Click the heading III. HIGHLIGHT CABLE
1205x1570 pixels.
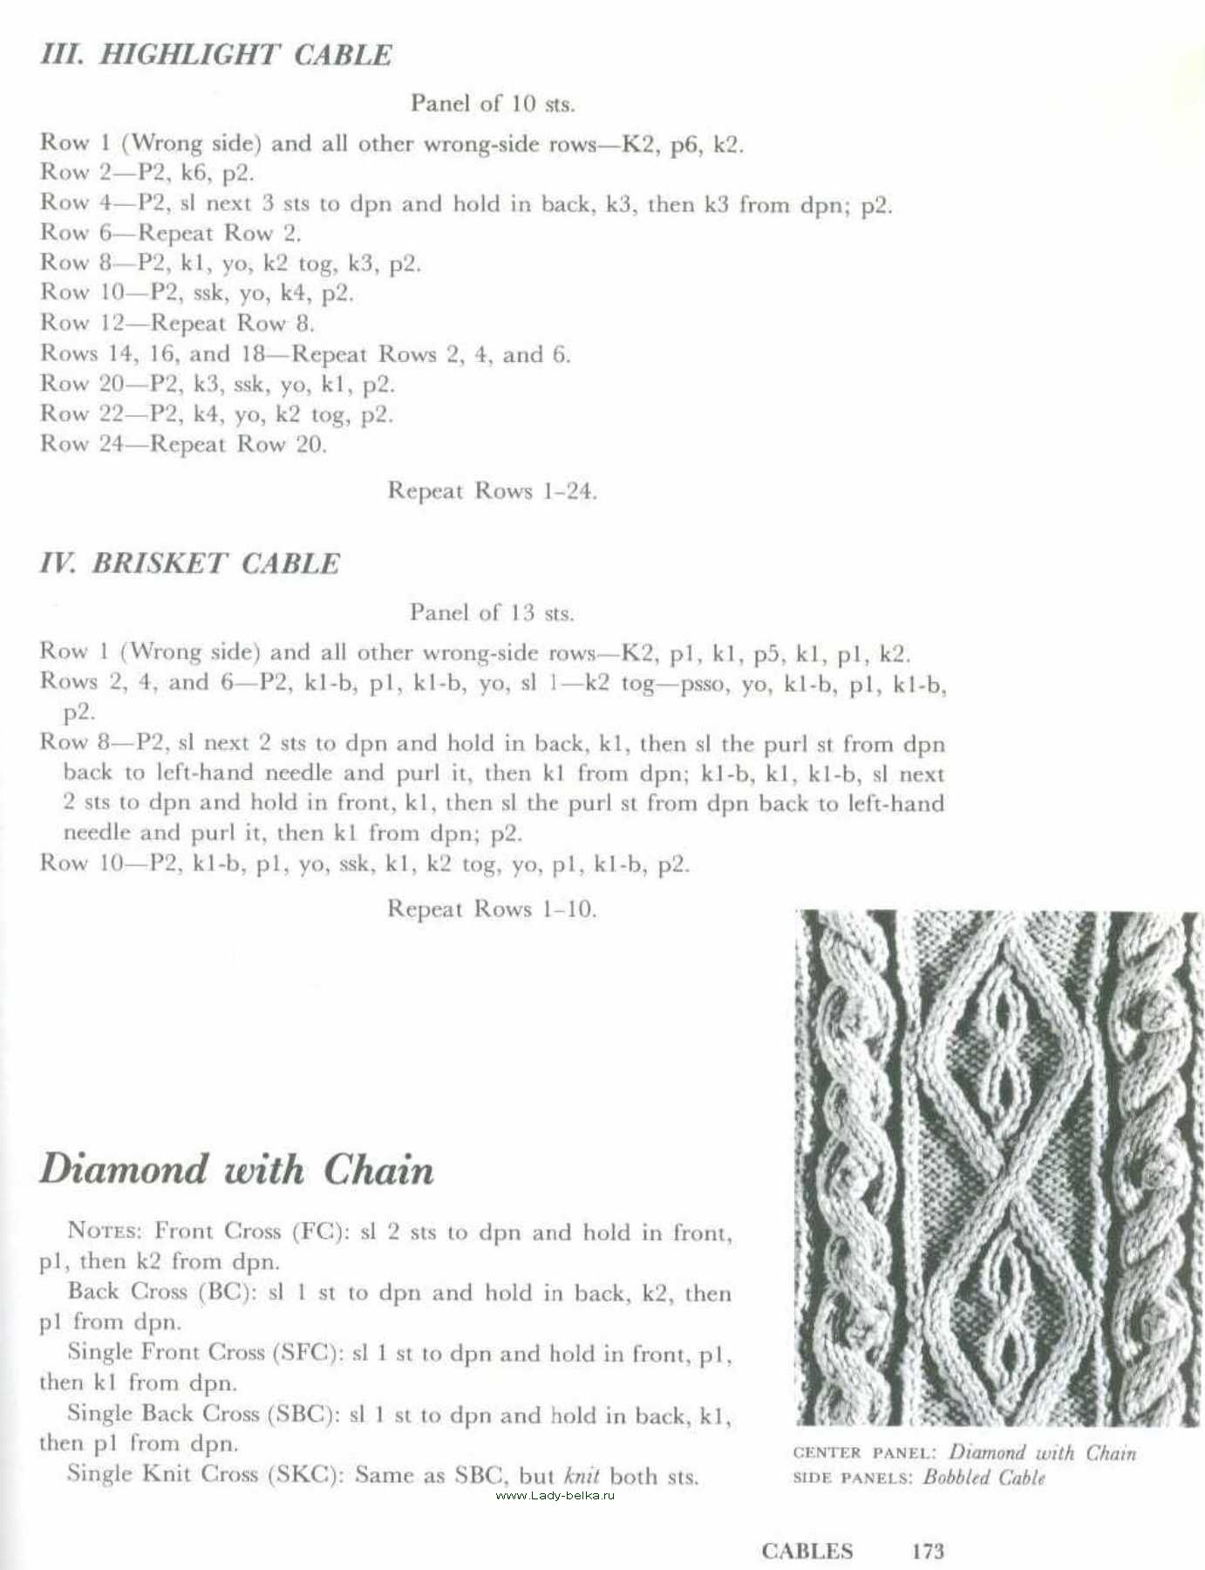[x=215, y=55]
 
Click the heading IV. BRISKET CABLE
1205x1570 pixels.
[x=189, y=563]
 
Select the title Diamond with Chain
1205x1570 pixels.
[x=236, y=1170]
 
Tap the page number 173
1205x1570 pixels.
[x=928, y=1551]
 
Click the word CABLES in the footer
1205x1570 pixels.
[x=807, y=1551]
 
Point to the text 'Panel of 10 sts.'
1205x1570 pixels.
[x=493, y=104]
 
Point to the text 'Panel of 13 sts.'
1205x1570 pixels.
[x=492, y=613]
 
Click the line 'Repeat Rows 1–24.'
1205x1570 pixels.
[x=492, y=491]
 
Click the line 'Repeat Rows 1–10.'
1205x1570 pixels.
[x=492, y=909]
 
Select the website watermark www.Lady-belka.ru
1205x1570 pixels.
[x=555, y=1495]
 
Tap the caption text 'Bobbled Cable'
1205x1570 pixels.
[x=984, y=1478]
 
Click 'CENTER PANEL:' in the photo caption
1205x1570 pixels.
[x=864, y=1453]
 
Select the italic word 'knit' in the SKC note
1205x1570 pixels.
[x=582, y=1476]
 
